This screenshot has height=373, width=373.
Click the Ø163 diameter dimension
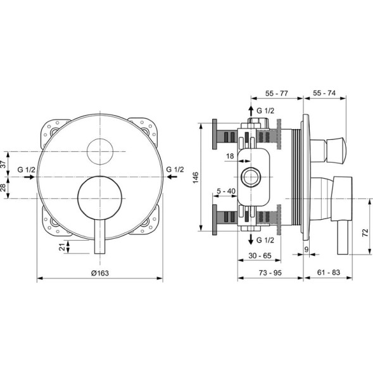pyautogui.click(x=100, y=272)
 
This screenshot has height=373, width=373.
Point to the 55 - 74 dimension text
pyautogui.click(x=324, y=93)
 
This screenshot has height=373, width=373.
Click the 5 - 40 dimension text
pyautogui.click(x=226, y=190)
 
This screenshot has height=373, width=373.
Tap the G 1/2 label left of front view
pyautogui.click(x=27, y=170)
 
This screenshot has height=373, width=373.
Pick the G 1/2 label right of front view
pyautogui.click(x=175, y=170)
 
